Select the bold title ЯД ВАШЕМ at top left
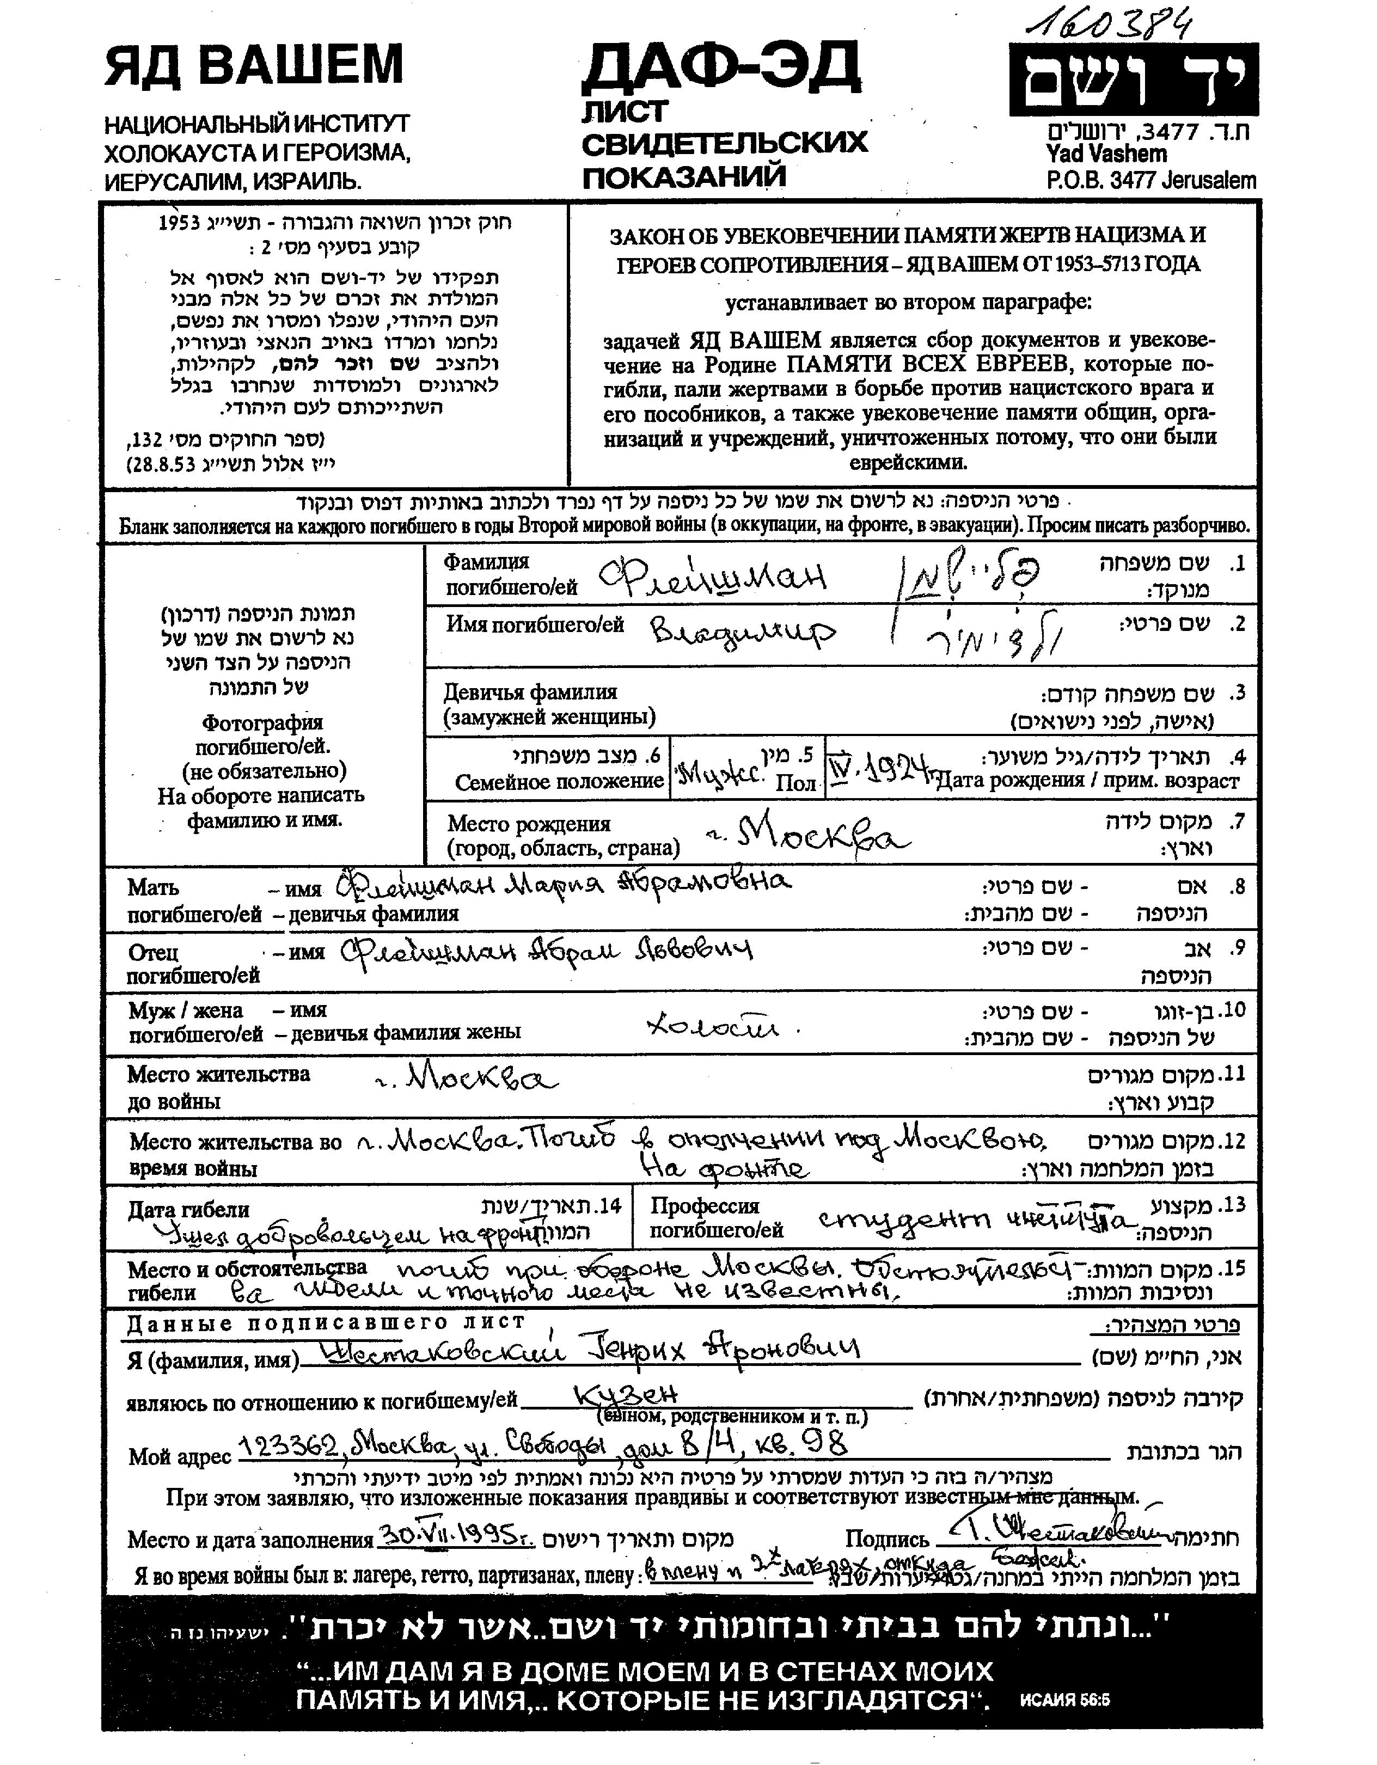point(253,65)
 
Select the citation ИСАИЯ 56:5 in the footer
point(1065,1700)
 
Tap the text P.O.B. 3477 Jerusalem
point(1150,180)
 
